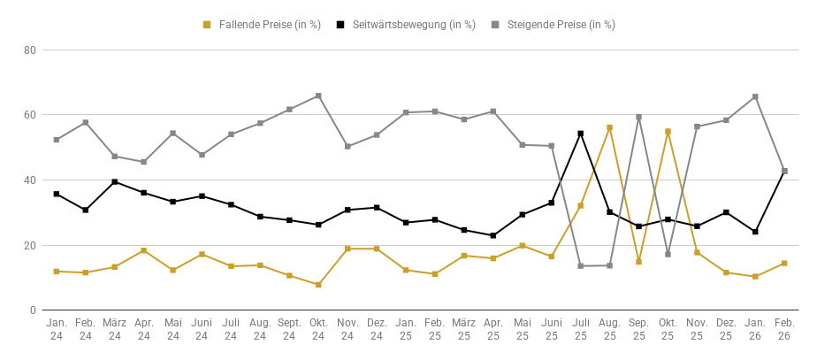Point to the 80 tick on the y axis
coord(29,50)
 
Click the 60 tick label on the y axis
coord(29,115)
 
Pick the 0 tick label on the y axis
coord(32,310)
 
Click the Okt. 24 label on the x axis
coord(318,330)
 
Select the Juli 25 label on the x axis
coord(580,330)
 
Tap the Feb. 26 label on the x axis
coord(784,330)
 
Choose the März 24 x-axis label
coord(114,330)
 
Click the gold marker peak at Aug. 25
coord(609,127)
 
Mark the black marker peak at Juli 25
coord(580,134)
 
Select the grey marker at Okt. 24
coord(318,96)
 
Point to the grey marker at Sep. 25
coord(638,117)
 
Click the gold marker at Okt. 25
coord(668,132)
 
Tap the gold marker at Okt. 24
coord(318,285)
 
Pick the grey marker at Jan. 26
coord(755,96)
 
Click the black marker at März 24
coord(114,181)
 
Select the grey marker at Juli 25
coord(580,266)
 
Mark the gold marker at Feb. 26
coord(784,264)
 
